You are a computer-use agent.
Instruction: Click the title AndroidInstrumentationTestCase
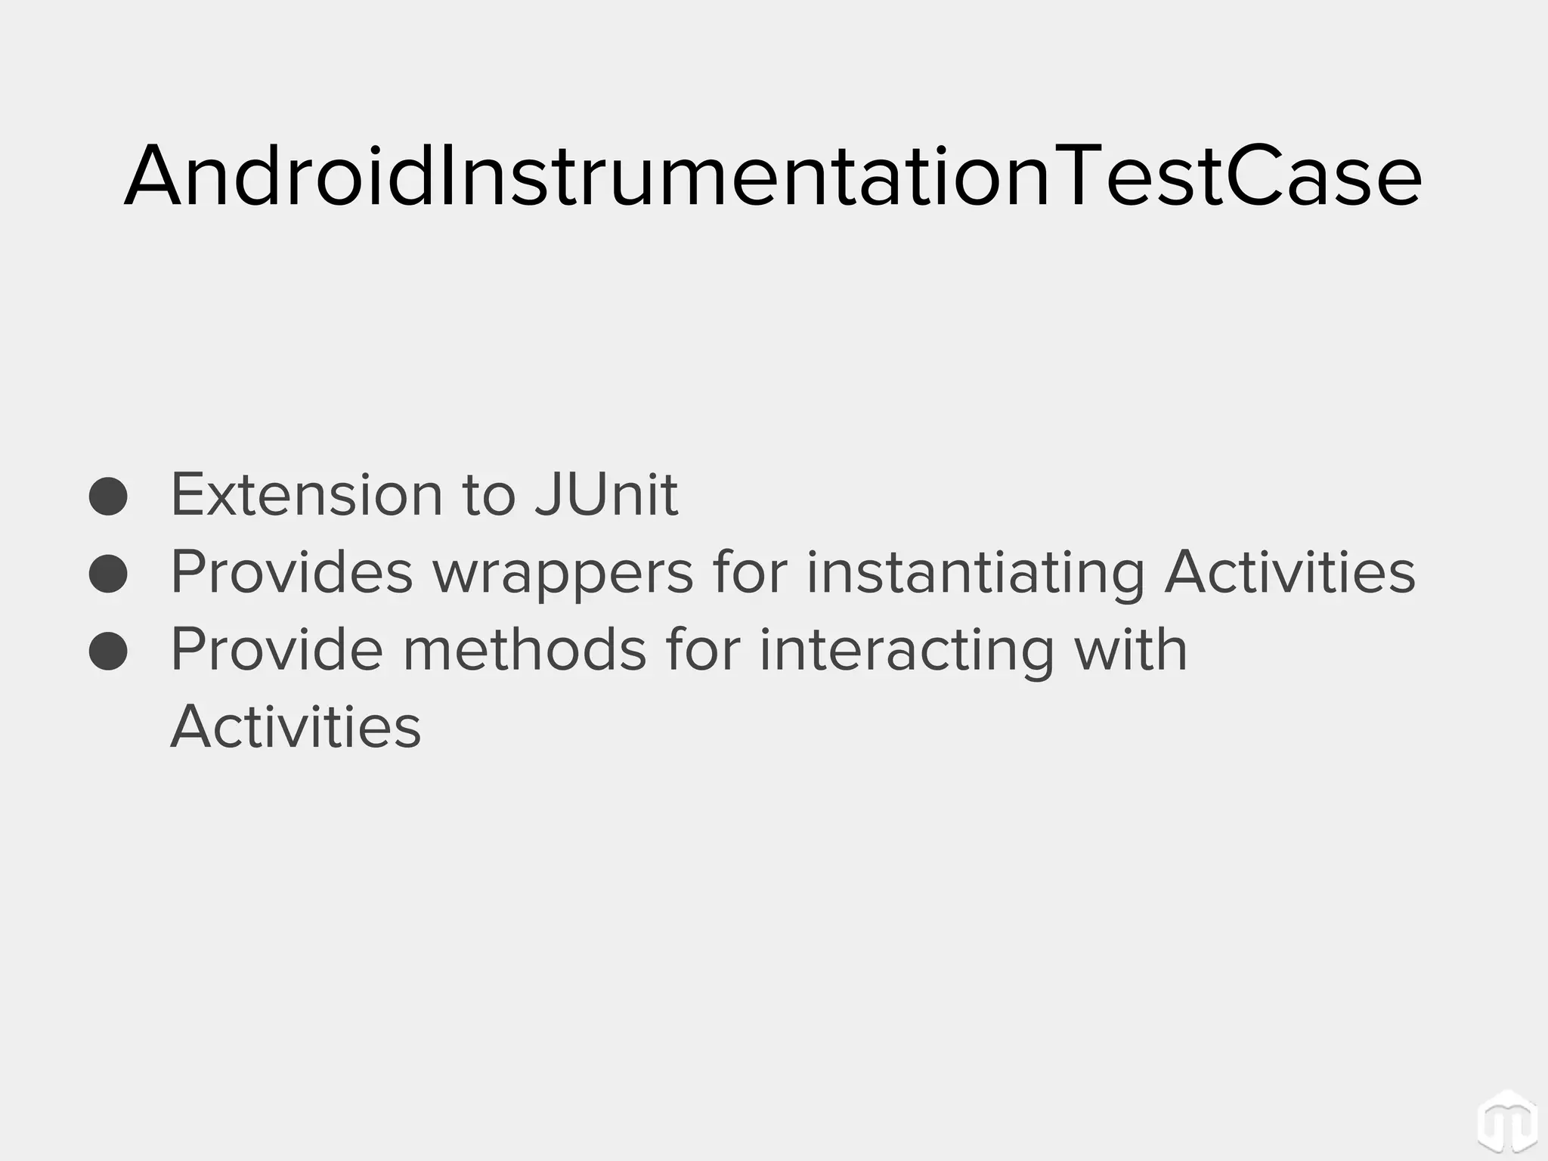tap(772, 176)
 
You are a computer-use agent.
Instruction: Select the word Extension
tap(306, 495)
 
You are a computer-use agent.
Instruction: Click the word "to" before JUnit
tap(488, 495)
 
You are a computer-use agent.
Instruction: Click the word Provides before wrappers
tap(292, 572)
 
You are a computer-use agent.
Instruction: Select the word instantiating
tap(975, 573)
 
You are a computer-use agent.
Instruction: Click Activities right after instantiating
tap(1289, 572)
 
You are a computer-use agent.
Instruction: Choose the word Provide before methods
tap(277, 649)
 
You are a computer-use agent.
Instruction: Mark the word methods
tap(524, 649)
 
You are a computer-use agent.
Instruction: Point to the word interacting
tap(906, 651)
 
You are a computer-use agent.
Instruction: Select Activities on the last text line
tap(296, 726)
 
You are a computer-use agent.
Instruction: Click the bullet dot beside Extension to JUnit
tap(108, 497)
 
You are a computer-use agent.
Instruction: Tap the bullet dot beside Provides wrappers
tap(108, 574)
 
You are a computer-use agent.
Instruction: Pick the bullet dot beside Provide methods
tap(108, 651)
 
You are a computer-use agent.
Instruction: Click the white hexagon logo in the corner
tap(1506, 1122)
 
